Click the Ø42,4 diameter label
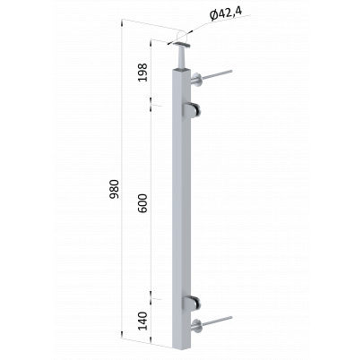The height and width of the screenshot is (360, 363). [226, 14]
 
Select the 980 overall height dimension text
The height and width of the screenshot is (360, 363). [114, 189]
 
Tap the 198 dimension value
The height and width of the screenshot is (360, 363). [143, 73]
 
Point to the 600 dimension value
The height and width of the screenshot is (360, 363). [143, 203]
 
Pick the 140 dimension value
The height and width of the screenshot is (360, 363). [143, 321]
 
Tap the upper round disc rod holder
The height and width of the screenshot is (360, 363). [197, 80]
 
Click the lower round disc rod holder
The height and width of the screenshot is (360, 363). [197, 326]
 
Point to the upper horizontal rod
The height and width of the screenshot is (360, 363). [217, 74]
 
